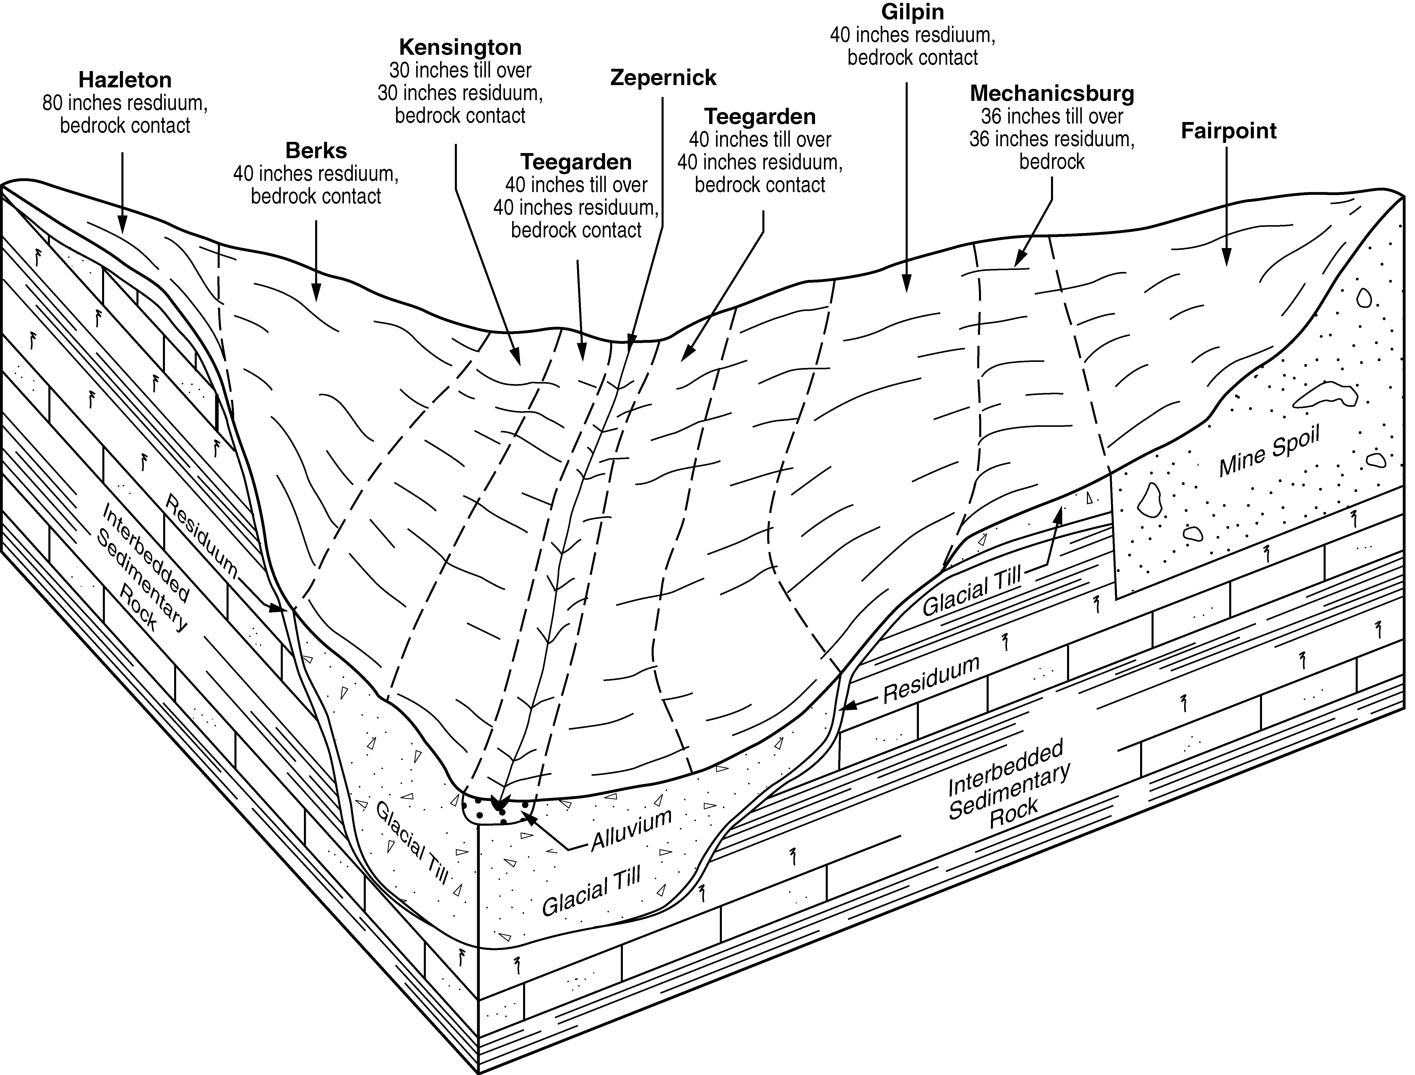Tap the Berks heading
click(x=316, y=150)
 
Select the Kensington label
click(x=460, y=47)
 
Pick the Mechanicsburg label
click(x=1052, y=93)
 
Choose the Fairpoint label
click(x=1228, y=131)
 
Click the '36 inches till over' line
click(x=1052, y=116)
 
